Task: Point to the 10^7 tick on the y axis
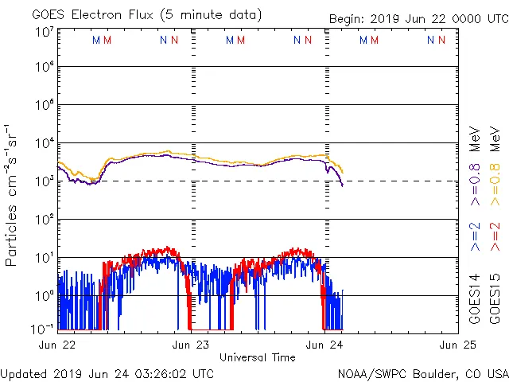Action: [44, 33]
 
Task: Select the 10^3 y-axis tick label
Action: [44, 181]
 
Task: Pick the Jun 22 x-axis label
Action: [58, 345]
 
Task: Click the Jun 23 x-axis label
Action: [192, 345]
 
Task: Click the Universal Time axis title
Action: [258, 357]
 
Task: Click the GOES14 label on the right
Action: [475, 298]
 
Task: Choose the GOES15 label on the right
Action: [495, 298]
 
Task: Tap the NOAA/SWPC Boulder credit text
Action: [422, 372]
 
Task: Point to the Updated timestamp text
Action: [107, 372]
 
